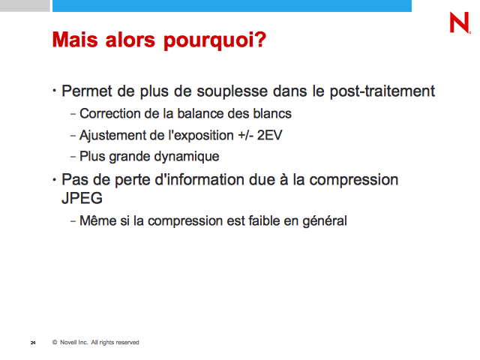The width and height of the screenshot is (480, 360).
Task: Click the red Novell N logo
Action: click(x=460, y=22)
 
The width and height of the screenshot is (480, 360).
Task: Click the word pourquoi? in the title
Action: click(x=215, y=40)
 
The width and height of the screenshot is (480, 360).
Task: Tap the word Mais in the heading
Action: click(x=75, y=40)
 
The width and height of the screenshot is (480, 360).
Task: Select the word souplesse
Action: click(x=232, y=91)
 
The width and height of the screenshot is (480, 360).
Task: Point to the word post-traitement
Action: click(x=382, y=91)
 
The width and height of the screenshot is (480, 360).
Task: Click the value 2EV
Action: click(x=269, y=135)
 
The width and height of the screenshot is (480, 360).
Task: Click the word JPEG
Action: click(x=82, y=198)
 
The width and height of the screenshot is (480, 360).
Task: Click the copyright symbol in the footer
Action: click(x=55, y=342)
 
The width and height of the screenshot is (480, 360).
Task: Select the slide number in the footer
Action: click(x=33, y=343)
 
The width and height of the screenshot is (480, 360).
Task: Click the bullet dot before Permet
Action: click(x=54, y=91)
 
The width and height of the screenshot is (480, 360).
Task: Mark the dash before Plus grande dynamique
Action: click(x=73, y=157)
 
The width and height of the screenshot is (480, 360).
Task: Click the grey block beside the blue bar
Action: click(x=25, y=6)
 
